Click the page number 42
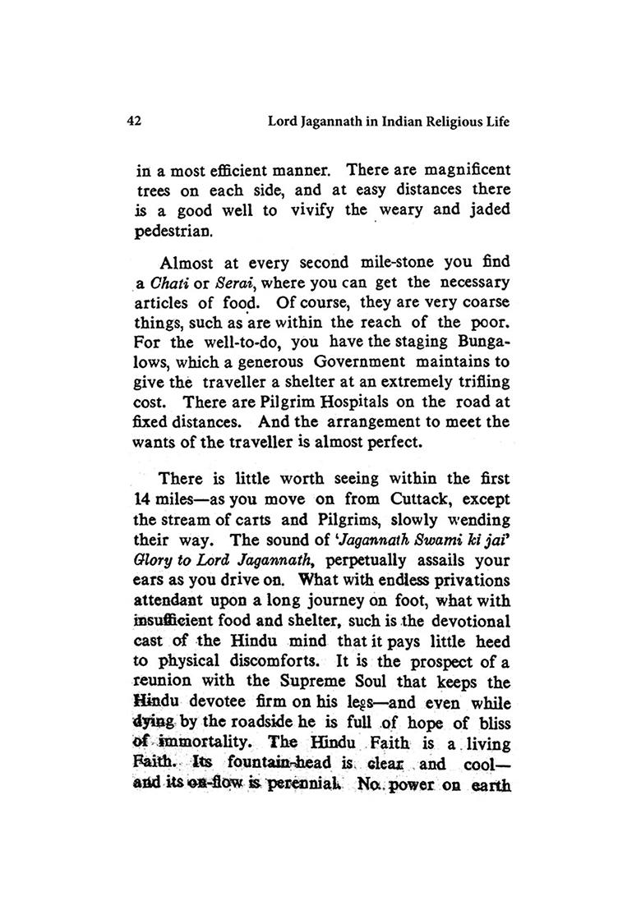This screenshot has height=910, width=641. pyautogui.click(x=136, y=122)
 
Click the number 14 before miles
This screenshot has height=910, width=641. pyautogui.click(x=142, y=499)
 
